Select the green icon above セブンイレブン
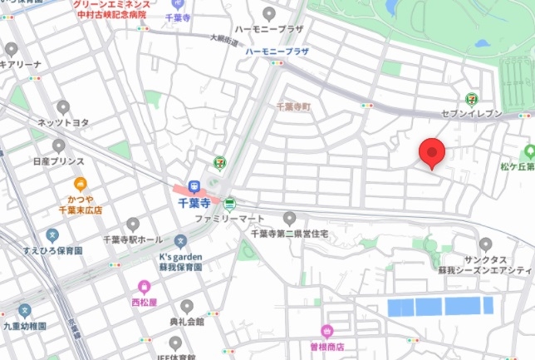(472, 98)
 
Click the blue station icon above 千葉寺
(194, 186)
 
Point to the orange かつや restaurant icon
(80, 184)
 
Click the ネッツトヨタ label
(63, 122)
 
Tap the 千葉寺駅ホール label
(133, 239)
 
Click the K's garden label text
(180, 257)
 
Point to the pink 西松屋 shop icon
(145, 287)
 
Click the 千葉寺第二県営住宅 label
(290, 234)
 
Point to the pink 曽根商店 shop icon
(327, 331)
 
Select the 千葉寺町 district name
(292, 107)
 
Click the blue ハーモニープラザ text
(277, 52)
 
